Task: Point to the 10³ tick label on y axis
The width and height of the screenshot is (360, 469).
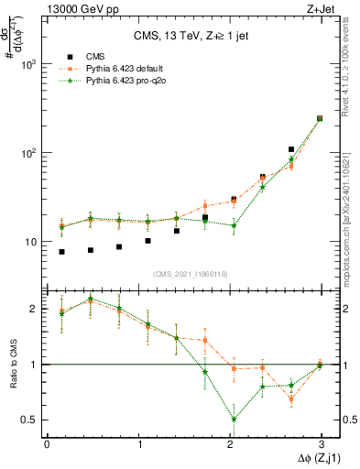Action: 29,64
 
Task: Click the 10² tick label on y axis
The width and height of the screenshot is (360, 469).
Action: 29,153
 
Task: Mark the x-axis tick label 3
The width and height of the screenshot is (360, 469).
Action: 321,444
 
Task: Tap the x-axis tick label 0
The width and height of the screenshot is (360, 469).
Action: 47,444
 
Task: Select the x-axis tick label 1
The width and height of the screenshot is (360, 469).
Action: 138,444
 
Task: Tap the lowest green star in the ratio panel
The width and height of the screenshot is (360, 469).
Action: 235,420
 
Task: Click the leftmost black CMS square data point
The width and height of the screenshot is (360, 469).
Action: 61,251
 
